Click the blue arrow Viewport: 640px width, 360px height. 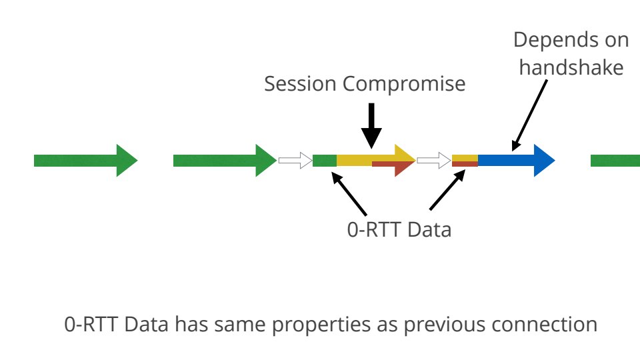513,160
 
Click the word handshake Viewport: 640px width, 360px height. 571,67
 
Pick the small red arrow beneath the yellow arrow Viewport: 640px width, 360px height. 393,167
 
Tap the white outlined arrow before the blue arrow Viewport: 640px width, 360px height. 434,160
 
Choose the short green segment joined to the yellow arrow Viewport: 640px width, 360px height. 325,160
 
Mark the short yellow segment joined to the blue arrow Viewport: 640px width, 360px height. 465,157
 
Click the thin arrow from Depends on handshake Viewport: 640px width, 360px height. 530,114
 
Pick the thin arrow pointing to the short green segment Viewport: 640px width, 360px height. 349,193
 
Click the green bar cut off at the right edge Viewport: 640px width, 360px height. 615,160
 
